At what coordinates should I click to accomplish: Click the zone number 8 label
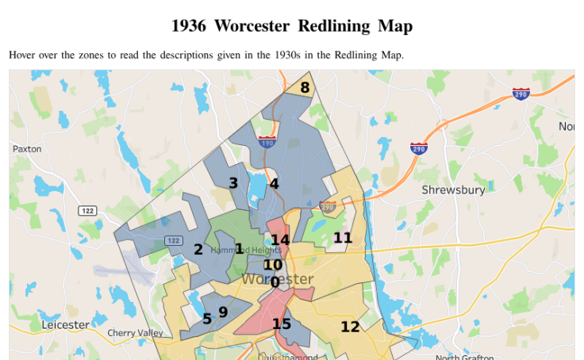tap(305, 88)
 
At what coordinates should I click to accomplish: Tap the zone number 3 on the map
tap(233, 183)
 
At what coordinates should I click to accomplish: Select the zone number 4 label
tap(274, 184)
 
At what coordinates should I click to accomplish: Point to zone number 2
tap(198, 250)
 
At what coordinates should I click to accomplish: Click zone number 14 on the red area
tap(280, 240)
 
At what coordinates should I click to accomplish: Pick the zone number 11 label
tap(343, 238)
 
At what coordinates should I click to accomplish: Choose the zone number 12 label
tap(350, 327)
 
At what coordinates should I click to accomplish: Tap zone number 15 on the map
tap(282, 324)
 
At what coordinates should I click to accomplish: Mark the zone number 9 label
tap(223, 312)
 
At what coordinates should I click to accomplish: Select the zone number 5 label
tap(207, 319)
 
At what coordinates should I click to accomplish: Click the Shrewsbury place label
tap(453, 190)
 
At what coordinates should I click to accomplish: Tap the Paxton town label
tap(27, 149)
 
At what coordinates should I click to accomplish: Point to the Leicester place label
tap(65, 325)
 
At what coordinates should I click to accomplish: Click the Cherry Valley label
tap(135, 333)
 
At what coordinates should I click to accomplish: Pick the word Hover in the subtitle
tap(23, 56)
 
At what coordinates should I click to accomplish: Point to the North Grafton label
tap(470, 358)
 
